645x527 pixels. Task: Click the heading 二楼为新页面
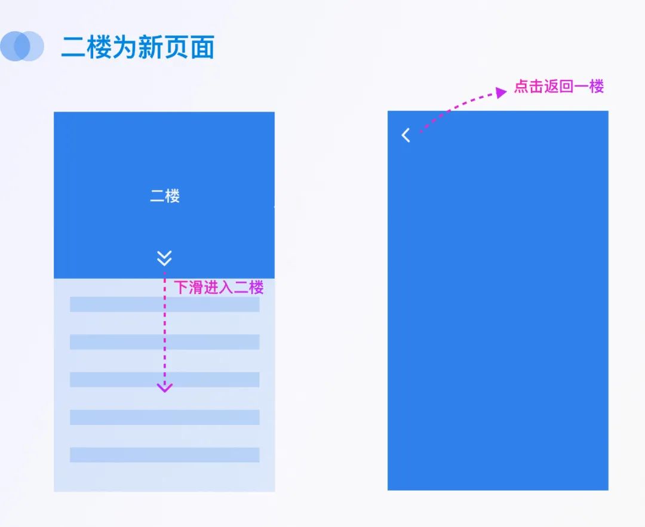[x=137, y=47]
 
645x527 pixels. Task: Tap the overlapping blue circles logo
[x=22, y=46]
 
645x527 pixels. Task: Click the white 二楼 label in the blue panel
[x=165, y=196]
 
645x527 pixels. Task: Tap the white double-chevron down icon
[x=164, y=258]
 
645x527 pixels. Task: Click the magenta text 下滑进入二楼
[x=219, y=288]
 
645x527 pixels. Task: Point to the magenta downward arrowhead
[x=164, y=387]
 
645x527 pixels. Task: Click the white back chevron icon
[x=406, y=135]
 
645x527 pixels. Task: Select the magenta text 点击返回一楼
[x=559, y=87]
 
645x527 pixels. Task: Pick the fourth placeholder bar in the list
[x=164, y=417]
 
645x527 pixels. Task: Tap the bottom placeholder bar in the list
[x=164, y=455]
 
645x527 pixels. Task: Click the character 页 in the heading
[x=176, y=47]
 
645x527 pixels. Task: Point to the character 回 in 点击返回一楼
[x=567, y=87]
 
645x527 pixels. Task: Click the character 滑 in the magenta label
[x=196, y=288]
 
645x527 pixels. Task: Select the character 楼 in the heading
[x=99, y=47]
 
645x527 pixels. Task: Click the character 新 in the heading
[x=150, y=47]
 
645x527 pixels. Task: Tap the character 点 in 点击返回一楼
[x=521, y=87]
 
